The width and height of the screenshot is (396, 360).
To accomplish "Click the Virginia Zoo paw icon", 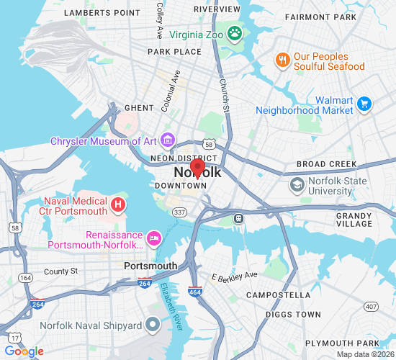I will [x=235, y=32].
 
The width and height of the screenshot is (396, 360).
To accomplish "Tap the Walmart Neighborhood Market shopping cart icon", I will [x=364, y=104].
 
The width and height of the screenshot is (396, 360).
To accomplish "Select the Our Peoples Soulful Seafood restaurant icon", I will [x=283, y=60].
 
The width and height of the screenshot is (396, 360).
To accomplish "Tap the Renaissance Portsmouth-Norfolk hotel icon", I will [x=153, y=238].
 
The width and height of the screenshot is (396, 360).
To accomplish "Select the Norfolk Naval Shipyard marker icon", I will [x=152, y=325].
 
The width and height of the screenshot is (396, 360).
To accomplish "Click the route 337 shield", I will [x=180, y=212].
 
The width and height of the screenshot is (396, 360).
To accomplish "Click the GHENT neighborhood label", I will [x=139, y=108].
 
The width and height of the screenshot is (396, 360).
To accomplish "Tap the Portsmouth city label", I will [x=150, y=266].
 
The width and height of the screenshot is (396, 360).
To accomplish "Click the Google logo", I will [x=24, y=351].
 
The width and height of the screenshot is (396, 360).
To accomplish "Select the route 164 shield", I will [x=26, y=277].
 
